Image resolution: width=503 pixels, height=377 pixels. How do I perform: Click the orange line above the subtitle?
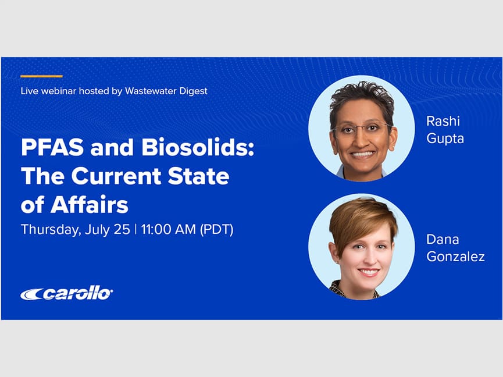click(x=41, y=76)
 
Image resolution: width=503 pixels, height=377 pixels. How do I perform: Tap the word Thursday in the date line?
click(x=49, y=230)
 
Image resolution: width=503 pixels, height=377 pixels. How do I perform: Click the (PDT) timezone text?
click(x=216, y=229)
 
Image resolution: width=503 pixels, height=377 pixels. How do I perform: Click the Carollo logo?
click(x=66, y=294)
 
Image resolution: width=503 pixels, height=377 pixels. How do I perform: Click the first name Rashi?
click(x=443, y=121)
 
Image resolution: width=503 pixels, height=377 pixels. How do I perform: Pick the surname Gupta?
click(x=445, y=138)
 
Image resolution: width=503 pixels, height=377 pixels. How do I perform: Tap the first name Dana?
click(x=443, y=239)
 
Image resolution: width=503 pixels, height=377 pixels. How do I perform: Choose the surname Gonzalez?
click(x=455, y=257)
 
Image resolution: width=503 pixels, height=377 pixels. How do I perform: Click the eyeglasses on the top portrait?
click(x=361, y=129)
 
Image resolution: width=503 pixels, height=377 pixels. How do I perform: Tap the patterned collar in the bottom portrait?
click(x=337, y=288)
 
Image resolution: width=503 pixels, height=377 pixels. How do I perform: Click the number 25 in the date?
click(x=122, y=229)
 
